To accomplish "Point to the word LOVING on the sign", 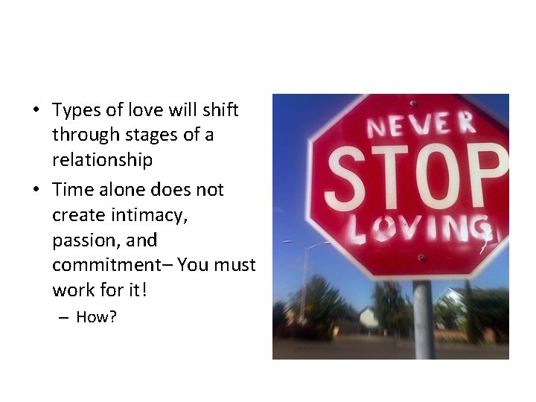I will point(421,230).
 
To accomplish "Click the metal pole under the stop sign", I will point(424,320).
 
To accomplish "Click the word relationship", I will point(102,160).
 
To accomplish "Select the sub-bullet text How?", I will point(97,317).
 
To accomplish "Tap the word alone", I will point(123,190).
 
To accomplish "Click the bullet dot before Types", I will point(36,111).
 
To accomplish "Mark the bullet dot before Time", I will point(36,190).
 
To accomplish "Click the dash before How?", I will point(63,317).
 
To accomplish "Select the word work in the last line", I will point(72,289).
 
